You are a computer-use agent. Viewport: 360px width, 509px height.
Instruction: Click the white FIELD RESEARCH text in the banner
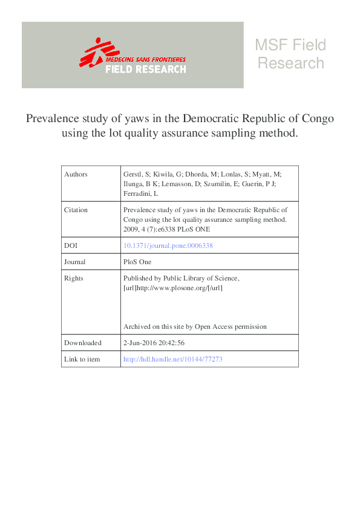[x=146, y=69]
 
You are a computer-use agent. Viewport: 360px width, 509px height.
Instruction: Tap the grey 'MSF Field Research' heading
[x=290, y=54]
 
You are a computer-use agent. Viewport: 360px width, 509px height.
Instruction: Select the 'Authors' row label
[x=76, y=174]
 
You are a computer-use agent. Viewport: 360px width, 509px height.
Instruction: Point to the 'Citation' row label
[x=76, y=210]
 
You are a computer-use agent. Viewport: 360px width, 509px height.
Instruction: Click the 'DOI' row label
[x=70, y=245]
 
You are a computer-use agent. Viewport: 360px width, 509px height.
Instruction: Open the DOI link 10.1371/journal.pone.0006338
[x=168, y=245]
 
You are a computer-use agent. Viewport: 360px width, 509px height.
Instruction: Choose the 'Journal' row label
[x=75, y=262]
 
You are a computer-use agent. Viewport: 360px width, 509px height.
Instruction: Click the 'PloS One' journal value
[x=137, y=262]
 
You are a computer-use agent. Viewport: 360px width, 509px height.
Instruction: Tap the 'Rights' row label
[x=74, y=278]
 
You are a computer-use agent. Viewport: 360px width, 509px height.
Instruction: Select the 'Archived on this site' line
[x=194, y=326]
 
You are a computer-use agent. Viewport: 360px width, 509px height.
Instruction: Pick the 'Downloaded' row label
[x=82, y=343]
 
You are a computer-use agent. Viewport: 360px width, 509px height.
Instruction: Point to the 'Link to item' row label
[x=82, y=359]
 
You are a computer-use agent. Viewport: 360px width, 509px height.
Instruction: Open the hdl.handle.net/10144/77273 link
[x=173, y=359]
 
